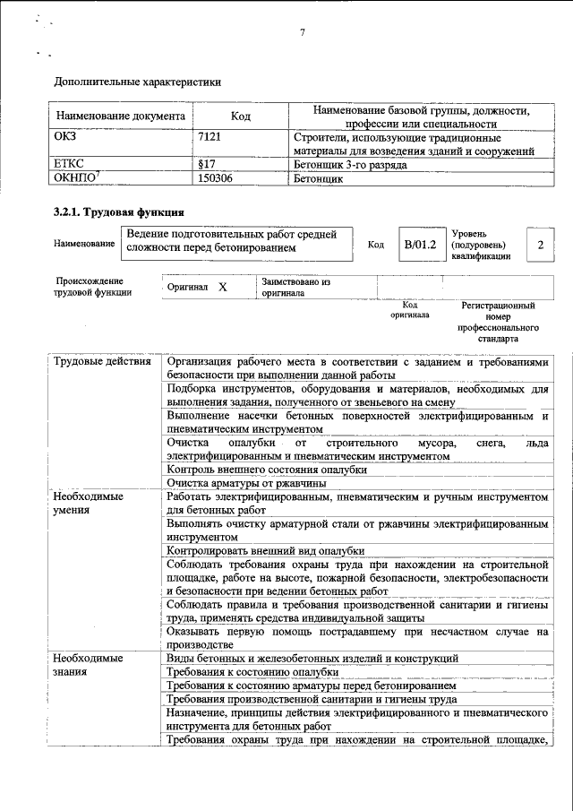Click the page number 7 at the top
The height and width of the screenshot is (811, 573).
[303, 33]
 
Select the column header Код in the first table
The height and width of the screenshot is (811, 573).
[240, 116]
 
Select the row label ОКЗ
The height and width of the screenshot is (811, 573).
[68, 139]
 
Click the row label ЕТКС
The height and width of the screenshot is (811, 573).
[71, 165]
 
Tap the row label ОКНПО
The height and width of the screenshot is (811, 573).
[76, 178]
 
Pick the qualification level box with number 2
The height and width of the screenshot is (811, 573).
[540, 244]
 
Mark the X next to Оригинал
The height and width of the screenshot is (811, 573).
[223, 288]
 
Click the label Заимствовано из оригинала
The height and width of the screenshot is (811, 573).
[295, 288]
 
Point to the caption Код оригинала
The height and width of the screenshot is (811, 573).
[409, 310]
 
